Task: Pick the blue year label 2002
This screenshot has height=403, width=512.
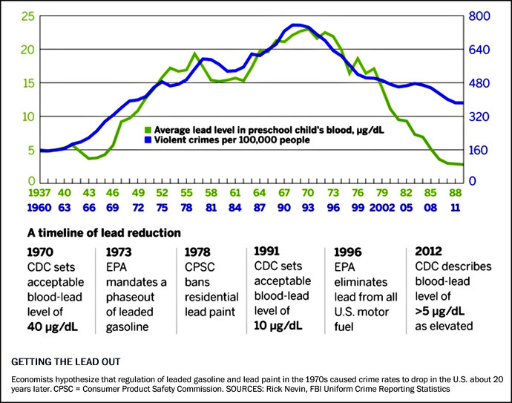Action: [379, 209]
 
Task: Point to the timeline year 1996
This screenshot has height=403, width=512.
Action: [349, 251]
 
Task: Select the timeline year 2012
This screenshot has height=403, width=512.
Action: [428, 251]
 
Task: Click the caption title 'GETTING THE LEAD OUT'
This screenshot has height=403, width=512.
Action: [65, 362]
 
